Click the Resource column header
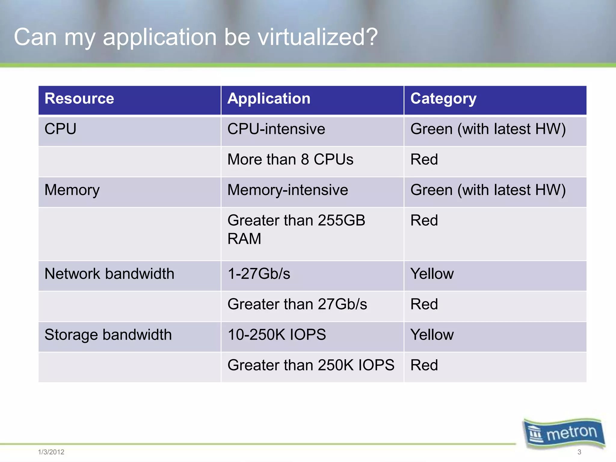click(x=79, y=99)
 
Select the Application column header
click(x=269, y=99)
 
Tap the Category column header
click(x=443, y=99)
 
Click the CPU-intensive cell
click(x=276, y=129)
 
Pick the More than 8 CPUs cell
click(x=290, y=159)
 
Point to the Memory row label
click(x=72, y=190)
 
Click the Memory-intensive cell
click(x=288, y=190)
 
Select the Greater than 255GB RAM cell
click(x=296, y=229)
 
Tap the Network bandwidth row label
click(x=109, y=274)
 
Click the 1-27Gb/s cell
click(x=259, y=274)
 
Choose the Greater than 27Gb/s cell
click(x=297, y=304)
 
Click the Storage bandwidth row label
click(x=108, y=335)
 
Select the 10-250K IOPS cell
click(x=277, y=335)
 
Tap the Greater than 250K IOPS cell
click(x=311, y=365)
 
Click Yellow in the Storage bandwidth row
click(x=432, y=335)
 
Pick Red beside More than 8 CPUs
click(x=424, y=159)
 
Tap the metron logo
click(x=564, y=433)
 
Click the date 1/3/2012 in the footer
click(x=51, y=452)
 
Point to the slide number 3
click(x=579, y=452)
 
